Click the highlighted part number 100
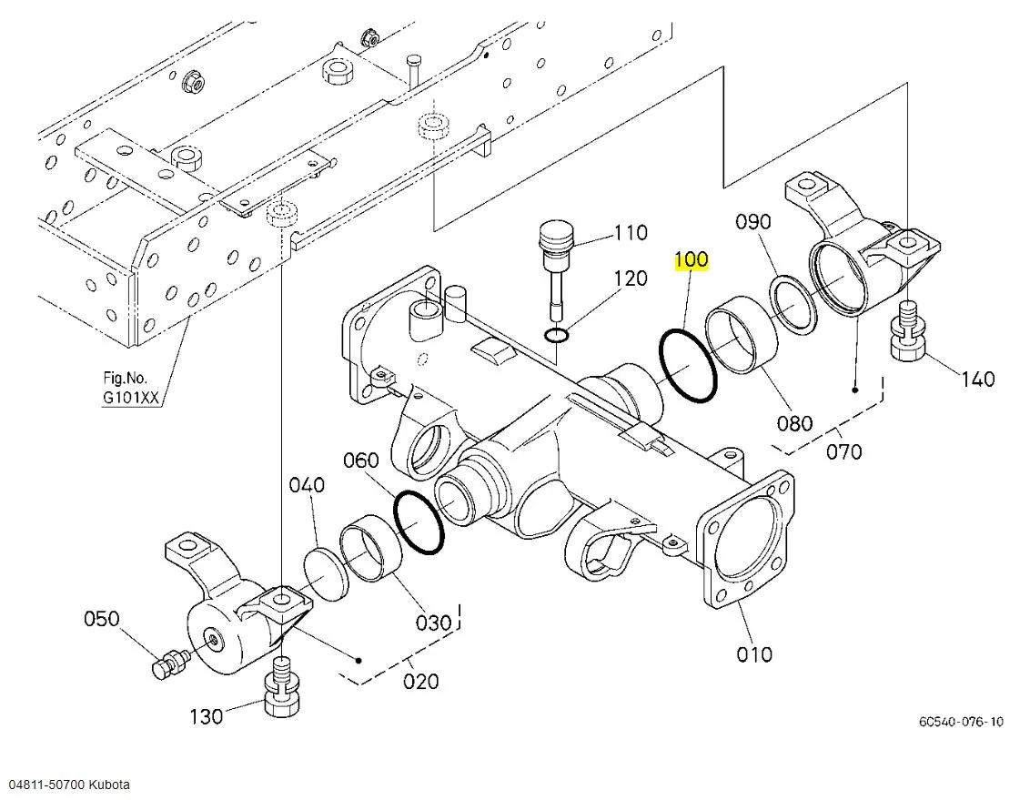click(691, 260)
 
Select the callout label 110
click(631, 233)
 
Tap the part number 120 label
click(631, 278)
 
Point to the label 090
click(752, 222)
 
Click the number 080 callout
click(794, 422)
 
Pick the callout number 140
click(977, 379)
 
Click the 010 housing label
click(754, 653)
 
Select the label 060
click(360, 461)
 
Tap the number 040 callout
click(307, 485)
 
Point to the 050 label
click(101, 619)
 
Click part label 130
click(206, 717)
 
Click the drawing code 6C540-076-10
click(961, 722)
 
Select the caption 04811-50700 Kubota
click(70, 784)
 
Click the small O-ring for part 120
click(558, 337)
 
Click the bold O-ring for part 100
click(689, 366)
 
